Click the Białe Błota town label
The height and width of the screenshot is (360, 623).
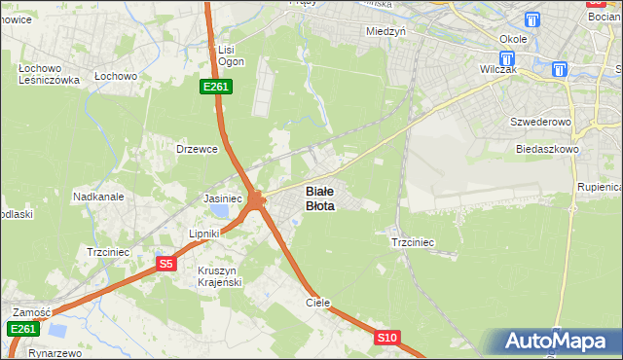click(320, 198)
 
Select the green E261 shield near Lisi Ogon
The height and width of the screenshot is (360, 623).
click(215, 88)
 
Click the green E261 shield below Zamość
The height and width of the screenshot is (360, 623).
click(23, 330)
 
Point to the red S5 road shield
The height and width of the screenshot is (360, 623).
click(166, 264)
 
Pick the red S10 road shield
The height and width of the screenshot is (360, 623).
click(386, 338)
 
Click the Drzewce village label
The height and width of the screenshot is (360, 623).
click(195, 149)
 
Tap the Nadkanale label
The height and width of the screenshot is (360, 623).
click(98, 197)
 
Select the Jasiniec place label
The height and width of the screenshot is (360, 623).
click(222, 198)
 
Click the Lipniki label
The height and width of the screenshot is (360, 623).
click(205, 234)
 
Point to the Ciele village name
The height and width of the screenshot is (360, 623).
click(318, 303)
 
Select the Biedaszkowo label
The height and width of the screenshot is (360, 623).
click(548, 150)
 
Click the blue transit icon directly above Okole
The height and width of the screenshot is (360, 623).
click(532, 20)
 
